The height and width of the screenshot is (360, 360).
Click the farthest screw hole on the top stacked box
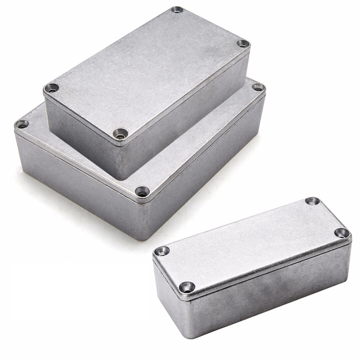coord(177,10)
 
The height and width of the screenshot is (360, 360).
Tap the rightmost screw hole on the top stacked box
coord(243,43)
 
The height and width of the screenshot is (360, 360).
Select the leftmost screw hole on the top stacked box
coord(51,88)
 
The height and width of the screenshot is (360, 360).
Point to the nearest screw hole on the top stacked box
coord(120,134)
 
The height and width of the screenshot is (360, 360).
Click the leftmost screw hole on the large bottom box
coord(22,124)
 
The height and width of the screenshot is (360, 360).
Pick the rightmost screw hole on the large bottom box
coord(258,87)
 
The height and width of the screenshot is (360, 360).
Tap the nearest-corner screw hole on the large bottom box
coord(142,192)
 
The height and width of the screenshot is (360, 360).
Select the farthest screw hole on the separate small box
coord(312,201)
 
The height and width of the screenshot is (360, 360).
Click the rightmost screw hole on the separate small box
coord(342,233)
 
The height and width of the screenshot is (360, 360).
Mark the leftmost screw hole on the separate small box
coord(162,251)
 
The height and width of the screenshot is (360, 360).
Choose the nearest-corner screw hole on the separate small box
coord(187,287)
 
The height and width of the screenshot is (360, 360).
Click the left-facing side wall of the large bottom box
coord(77,187)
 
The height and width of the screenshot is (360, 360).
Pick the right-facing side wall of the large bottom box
coord(207,167)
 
